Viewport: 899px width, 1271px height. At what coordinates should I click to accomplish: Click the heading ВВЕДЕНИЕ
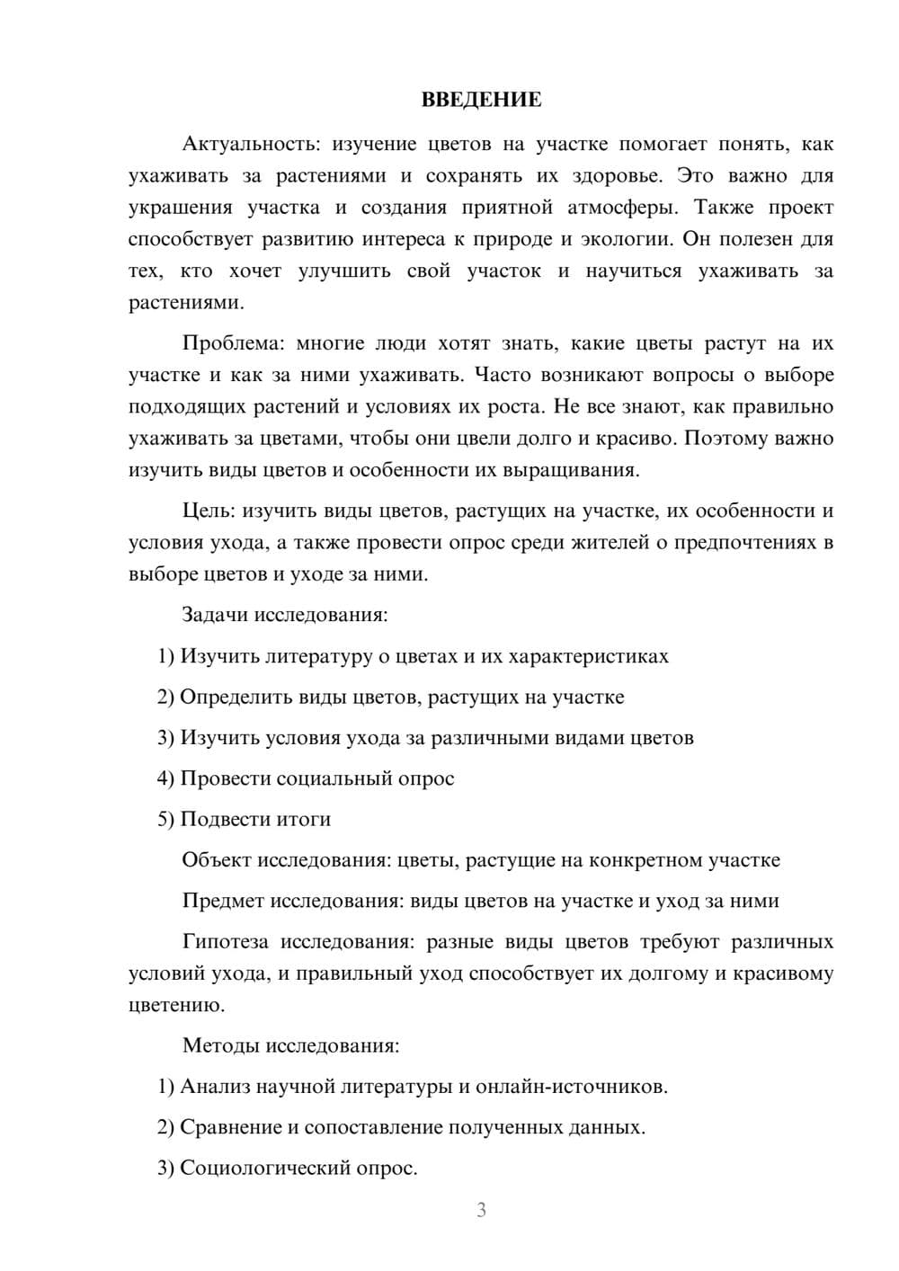pos(481,100)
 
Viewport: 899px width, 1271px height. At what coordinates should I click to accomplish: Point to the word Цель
pos(208,511)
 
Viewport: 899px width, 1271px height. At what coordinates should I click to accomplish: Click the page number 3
pos(481,1210)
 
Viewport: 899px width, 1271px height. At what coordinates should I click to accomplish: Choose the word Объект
pos(216,859)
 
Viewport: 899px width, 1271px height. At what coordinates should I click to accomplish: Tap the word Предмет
pos(223,900)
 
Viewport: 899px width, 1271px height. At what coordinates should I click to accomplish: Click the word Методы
pos(218,1044)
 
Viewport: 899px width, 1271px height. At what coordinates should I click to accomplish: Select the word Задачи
pos(215,615)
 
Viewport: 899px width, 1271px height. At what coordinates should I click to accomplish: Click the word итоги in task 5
pos(305,819)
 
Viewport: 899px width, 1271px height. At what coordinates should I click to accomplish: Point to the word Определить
pos(229,697)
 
